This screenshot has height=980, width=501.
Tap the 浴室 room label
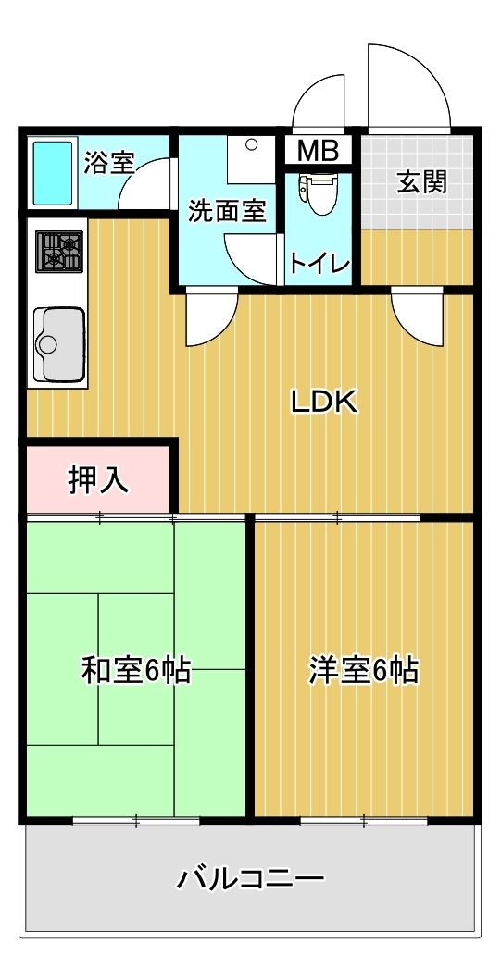pyautogui.click(x=109, y=163)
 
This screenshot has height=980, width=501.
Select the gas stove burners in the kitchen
pyautogui.click(x=59, y=252)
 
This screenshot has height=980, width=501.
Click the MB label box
pyautogui.click(x=318, y=151)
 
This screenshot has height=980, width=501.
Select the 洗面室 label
pyautogui.click(x=228, y=212)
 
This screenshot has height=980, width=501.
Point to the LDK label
pyautogui.click(x=323, y=403)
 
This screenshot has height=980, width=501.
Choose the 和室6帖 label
pyautogui.click(x=135, y=671)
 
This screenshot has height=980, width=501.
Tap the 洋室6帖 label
pyautogui.click(x=363, y=671)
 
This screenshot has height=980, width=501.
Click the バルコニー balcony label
pyautogui.click(x=250, y=879)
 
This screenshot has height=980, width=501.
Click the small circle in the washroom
pyautogui.click(x=252, y=144)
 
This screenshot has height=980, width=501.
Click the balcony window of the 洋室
pyautogui.click(x=364, y=820)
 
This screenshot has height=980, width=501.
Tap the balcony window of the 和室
pyautogui.click(x=136, y=820)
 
